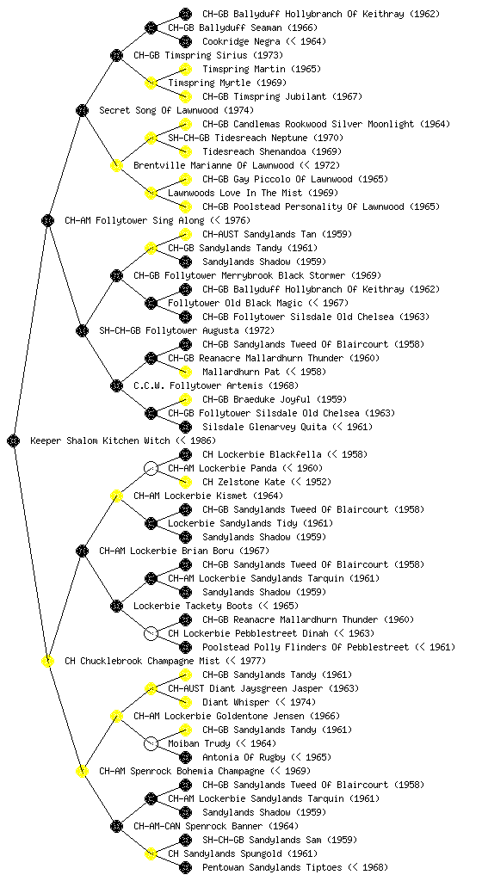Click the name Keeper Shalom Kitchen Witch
[100, 441]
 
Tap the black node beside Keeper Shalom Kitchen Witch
[14, 441]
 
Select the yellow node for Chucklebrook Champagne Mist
[47, 662]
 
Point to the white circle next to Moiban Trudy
[151, 744]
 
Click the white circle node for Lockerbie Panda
[151, 469]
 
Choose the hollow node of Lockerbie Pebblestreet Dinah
[151, 634]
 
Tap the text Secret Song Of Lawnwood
[159, 111]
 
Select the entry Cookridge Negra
[241, 41]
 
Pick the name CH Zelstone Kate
[241, 482]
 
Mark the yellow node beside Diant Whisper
[185, 702]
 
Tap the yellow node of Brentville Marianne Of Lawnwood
[116, 166]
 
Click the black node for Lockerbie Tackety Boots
[116, 607]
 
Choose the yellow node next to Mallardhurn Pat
[185, 372]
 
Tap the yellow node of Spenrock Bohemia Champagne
[82, 772]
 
